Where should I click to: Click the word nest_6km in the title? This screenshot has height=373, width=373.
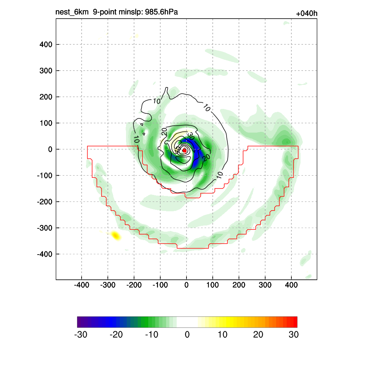pyautogui.click(x=72, y=12)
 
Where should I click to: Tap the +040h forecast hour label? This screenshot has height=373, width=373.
pyautogui.click(x=307, y=14)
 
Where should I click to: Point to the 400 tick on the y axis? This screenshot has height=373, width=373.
pyautogui.click(x=46, y=44)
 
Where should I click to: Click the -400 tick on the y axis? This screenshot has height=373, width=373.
pyautogui.click(x=45, y=254)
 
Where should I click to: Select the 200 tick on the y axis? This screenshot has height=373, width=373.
pyautogui.click(x=46, y=97)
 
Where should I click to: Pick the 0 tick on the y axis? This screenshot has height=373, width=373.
pyautogui.click(x=50, y=149)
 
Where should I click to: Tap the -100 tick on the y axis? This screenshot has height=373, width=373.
pyautogui.click(x=45, y=176)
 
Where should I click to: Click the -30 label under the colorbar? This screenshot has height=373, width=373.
pyautogui.click(x=81, y=335)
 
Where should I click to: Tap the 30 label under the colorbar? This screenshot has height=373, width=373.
pyautogui.click(x=294, y=335)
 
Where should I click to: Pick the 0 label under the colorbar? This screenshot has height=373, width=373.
pyautogui.click(x=187, y=335)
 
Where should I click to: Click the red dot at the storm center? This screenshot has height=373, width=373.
pyautogui.click(x=184, y=150)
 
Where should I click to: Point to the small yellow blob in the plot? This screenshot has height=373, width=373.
pyautogui.click(x=116, y=235)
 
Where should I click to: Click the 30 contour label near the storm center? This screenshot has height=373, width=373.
pyautogui.click(x=190, y=136)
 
